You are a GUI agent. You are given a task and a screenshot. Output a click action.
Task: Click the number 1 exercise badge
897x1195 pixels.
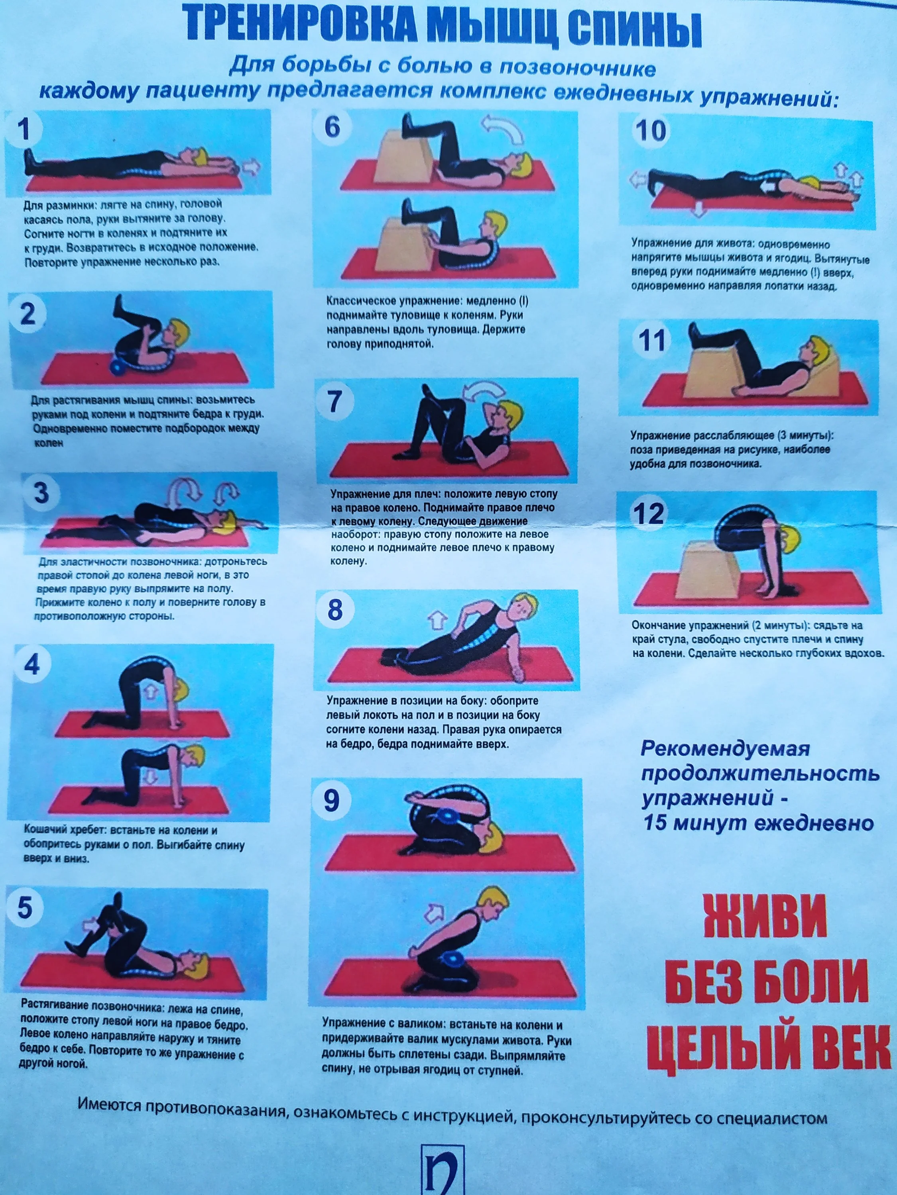click(24, 129)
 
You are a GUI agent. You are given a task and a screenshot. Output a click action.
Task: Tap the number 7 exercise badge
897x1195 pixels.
click(335, 402)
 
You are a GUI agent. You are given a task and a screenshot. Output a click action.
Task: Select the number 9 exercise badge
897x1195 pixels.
click(331, 801)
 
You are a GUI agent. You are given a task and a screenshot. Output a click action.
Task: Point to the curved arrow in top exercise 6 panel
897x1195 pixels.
click(504, 129)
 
